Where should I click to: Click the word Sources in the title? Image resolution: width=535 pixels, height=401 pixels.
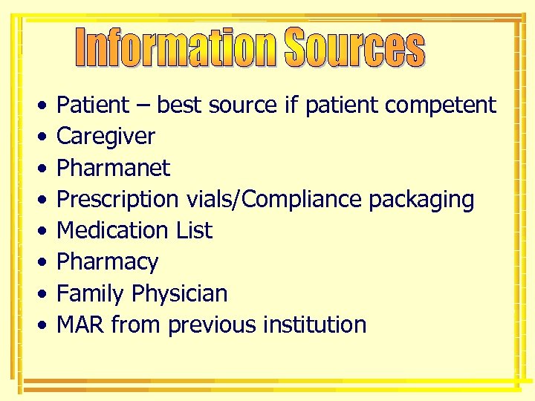(354, 48)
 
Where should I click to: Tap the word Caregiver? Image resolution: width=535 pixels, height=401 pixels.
(106, 137)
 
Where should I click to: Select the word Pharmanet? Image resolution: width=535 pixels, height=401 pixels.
(113, 168)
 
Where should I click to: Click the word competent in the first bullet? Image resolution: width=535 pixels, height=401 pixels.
(440, 105)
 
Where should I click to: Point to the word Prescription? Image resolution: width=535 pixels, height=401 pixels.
(117, 200)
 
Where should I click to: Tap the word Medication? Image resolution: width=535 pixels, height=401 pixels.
(113, 230)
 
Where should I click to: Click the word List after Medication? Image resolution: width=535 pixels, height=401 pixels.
(194, 230)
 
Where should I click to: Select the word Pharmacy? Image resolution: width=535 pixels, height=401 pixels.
(107, 262)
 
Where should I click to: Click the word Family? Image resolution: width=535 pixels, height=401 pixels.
(91, 294)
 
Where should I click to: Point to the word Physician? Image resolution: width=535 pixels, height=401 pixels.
(179, 294)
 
